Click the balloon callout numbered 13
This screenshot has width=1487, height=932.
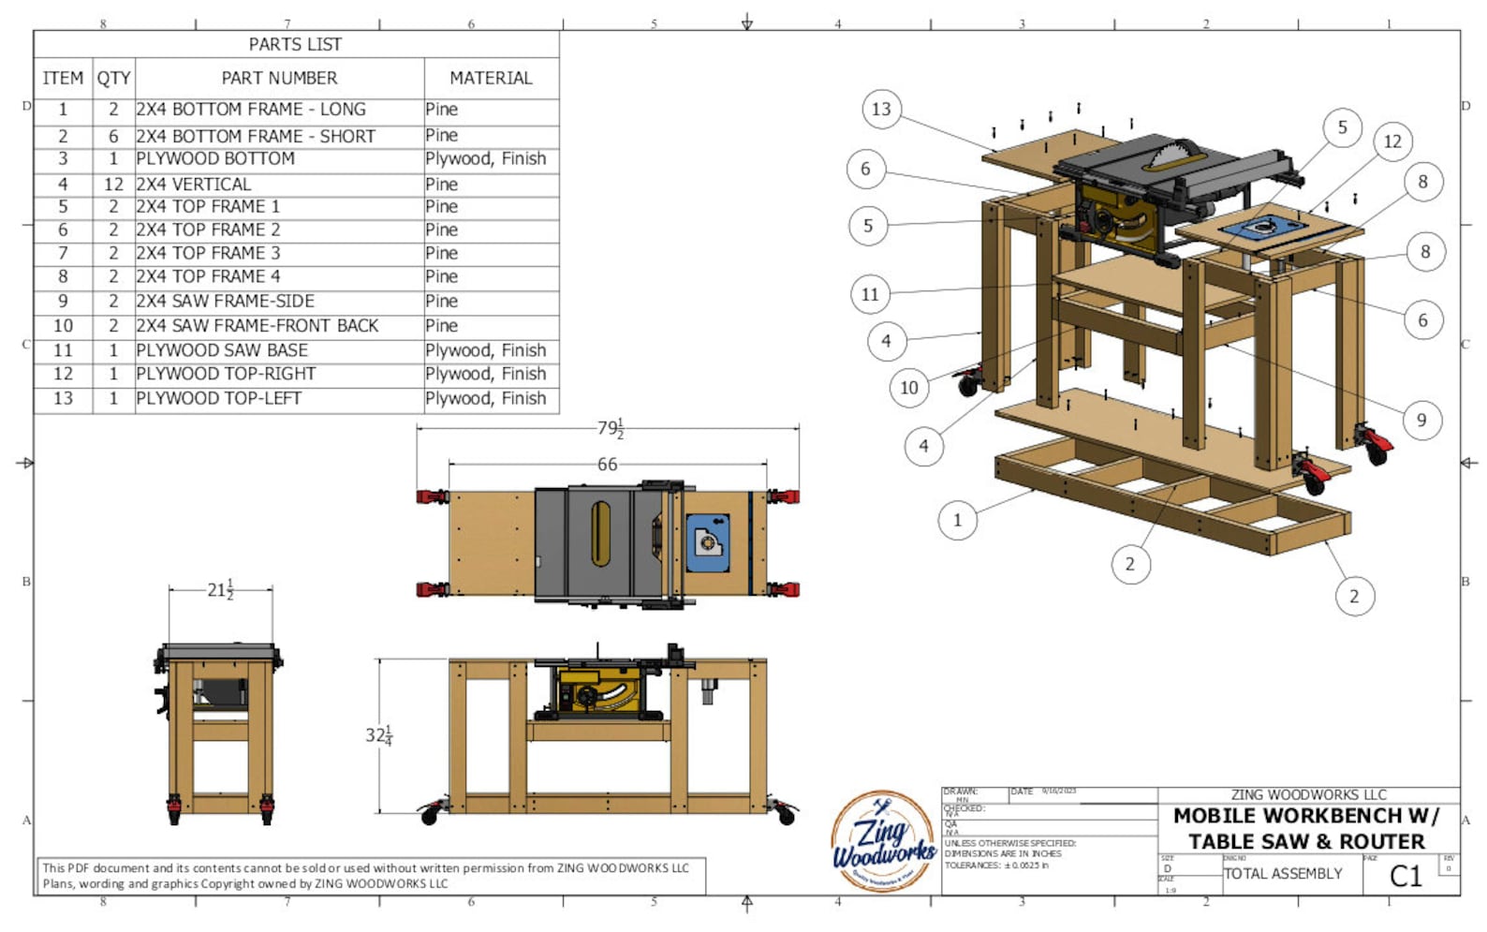(x=881, y=109)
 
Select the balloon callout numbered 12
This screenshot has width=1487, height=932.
(x=1392, y=141)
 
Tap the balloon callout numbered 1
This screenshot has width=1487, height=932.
(x=957, y=520)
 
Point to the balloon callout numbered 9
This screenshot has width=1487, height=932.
(x=1421, y=420)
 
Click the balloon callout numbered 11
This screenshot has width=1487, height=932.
(x=870, y=294)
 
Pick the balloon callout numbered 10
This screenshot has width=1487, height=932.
(x=908, y=387)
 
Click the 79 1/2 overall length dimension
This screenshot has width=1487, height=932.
(x=610, y=428)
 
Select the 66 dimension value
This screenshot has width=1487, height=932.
(x=607, y=464)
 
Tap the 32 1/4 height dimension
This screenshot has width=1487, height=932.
(x=378, y=735)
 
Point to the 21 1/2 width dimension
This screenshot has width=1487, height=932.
(x=220, y=589)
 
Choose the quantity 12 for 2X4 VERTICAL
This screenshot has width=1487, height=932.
(x=113, y=185)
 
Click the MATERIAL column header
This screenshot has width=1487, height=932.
(x=491, y=79)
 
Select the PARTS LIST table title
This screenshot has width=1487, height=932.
(x=295, y=44)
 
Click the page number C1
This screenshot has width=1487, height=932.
(x=1405, y=876)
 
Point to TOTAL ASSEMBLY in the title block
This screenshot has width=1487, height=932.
(x=1283, y=874)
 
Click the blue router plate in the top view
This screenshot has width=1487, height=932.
(x=708, y=543)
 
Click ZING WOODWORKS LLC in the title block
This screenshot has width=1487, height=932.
(x=1308, y=794)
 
